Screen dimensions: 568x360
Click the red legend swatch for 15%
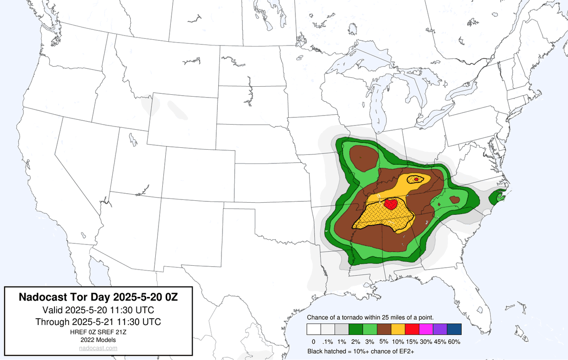point(411,330)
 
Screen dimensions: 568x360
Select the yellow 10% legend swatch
point(398,330)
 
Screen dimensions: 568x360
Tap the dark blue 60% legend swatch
point(454,330)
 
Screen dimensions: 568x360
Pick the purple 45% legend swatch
point(440,330)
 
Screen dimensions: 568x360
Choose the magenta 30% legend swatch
point(426,330)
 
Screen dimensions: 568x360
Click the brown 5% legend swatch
point(383,330)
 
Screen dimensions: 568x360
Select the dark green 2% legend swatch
point(355,330)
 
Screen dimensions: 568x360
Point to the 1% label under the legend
point(341,342)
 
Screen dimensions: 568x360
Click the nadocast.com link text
point(98,348)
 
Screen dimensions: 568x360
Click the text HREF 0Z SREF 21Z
point(98,332)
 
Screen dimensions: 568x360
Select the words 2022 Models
point(98,340)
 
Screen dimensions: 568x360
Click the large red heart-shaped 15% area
point(390,205)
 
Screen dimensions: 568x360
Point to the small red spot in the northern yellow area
point(416,179)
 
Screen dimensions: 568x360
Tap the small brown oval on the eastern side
point(454,200)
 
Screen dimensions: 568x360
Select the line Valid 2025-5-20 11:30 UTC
point(98,310)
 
